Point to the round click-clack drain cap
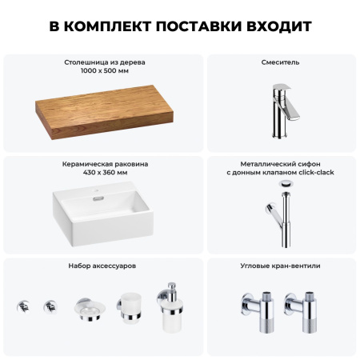point(285,183)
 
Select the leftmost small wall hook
point(23,305)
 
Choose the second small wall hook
point(51,305)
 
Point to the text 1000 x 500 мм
point(105,70)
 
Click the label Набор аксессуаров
point(105,265)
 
